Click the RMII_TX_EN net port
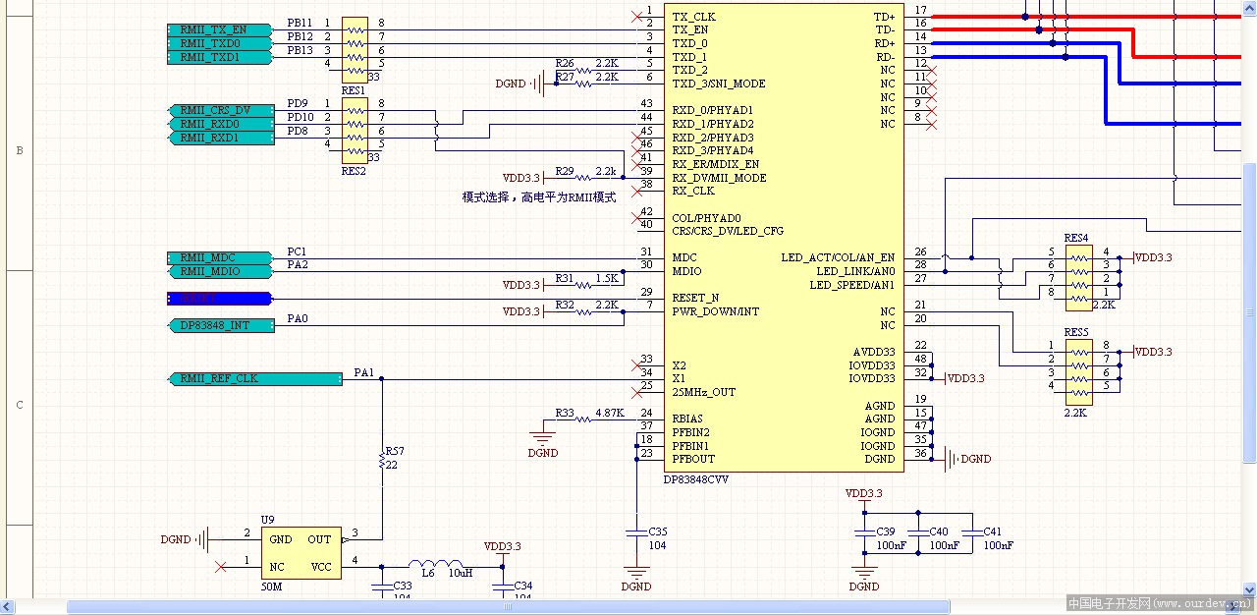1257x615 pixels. click(x=219, y=29)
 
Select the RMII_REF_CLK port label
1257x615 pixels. click(x=255, y=378)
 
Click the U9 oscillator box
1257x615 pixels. click(x=301, y=552)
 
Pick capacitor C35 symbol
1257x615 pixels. click(x=636, y=532)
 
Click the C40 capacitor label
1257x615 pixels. click(x=938, y=531)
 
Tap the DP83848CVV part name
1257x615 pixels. click(x=696, y=478)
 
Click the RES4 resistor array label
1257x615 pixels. click(x=1075, y=239)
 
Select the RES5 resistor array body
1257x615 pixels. click(x=1079, y=365)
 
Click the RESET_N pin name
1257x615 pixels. click(x=695, y=298)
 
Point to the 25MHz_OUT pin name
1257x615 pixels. click(x=703, y=392)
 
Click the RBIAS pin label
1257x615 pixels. click(x=687, y=419)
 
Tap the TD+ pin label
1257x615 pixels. click(x=884, y=17)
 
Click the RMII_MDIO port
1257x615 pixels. click(x=219, y=271)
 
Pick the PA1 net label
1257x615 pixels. click(x=363, y=372)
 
